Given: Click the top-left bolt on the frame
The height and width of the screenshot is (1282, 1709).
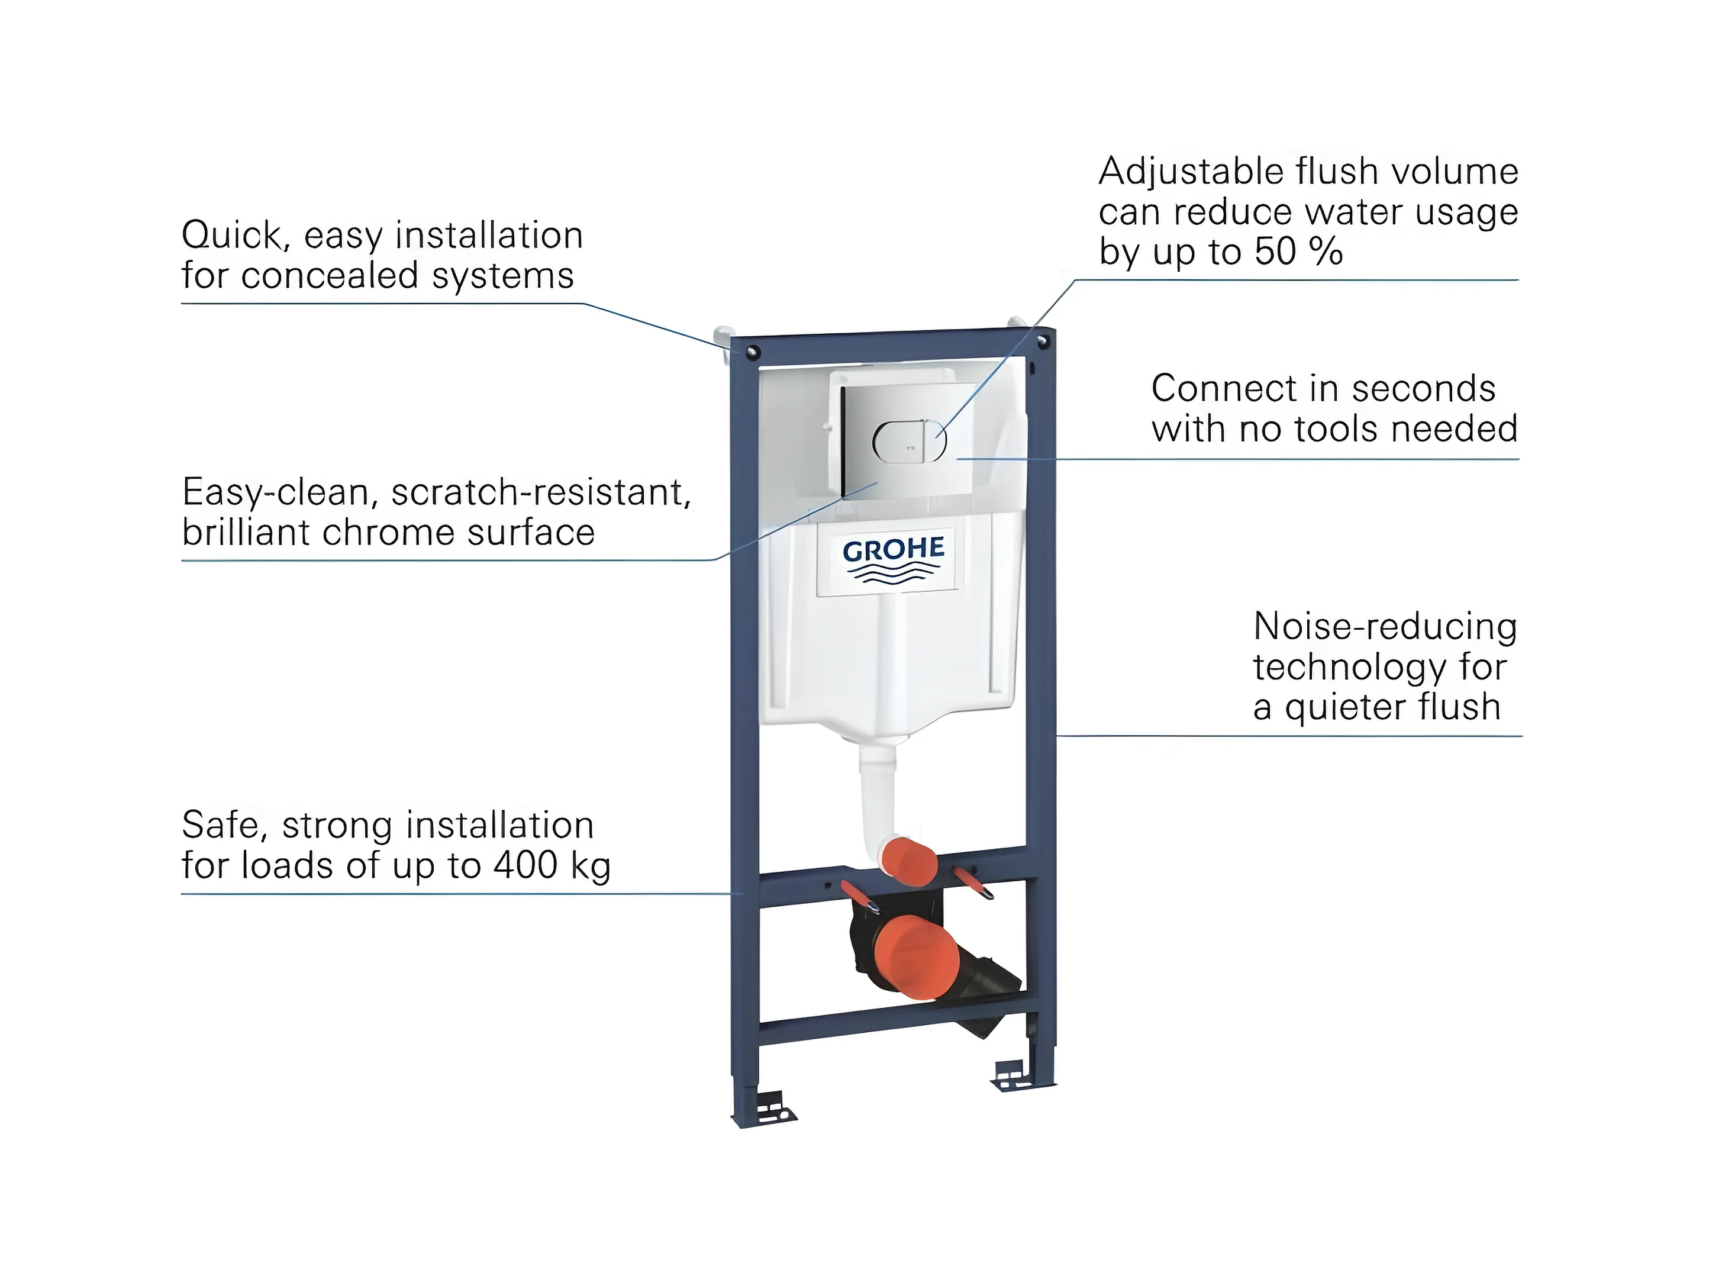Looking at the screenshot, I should tap(753, 353).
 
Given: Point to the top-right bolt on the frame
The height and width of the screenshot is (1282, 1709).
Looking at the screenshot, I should tap(1043, 340).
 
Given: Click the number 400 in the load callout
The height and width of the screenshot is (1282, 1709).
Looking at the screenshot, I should tap(525, 865).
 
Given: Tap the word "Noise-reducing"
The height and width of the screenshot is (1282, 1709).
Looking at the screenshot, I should tap(1385, 627).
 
